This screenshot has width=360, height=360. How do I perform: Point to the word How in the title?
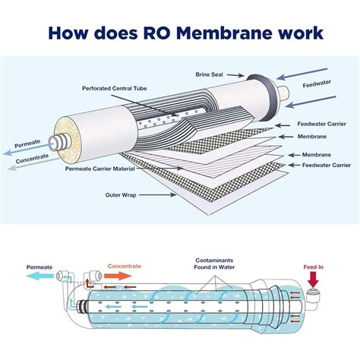pos(67,33)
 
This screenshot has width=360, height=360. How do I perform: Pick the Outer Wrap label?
pos(119,194)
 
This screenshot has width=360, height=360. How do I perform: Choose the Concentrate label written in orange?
pos(125,266)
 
